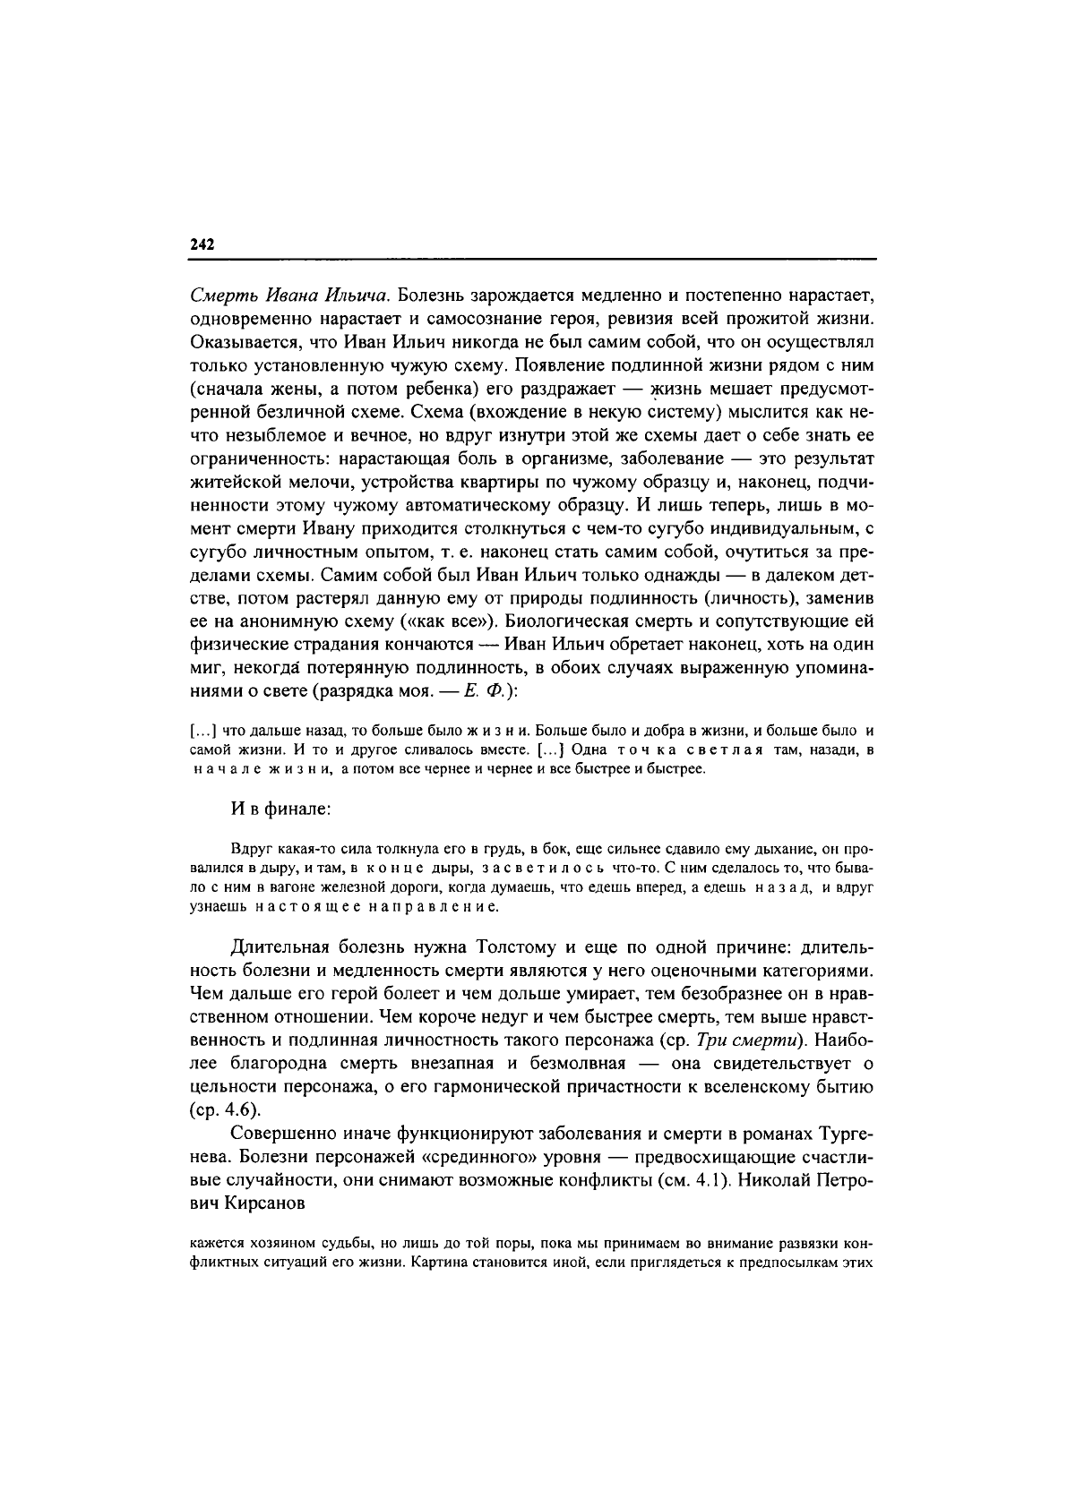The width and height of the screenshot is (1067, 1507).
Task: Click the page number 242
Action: coord(202,244)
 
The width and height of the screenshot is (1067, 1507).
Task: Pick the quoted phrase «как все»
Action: coord(457,621)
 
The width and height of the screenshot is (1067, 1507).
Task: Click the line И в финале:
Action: coord(280,809)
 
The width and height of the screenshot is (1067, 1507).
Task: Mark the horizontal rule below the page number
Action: coord(532,260)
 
